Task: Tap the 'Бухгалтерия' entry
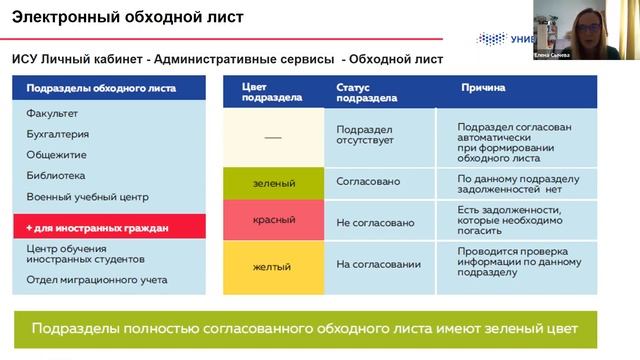[x=58, y=134]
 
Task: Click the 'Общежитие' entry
[x=56, y=155]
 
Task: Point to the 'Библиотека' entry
[x=56, y=175]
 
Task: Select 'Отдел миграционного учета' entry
[x=97, y=280]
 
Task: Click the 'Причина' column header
[x=482, y=88]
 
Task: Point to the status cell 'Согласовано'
[x=368, y=182]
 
